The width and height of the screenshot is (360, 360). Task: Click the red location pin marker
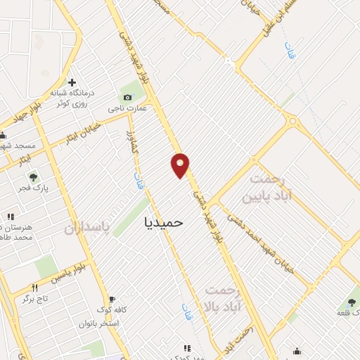pyautogui.click(x=181, y=165)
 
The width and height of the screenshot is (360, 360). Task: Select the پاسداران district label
pyautogui.click(x=89, y=229)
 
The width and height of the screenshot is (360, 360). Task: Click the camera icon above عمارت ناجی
pyautogui.click(x=127, y=97)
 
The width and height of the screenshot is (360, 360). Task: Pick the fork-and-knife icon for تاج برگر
pyautogui.click(x=34, y=287)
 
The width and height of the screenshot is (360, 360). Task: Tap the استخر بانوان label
pyautogui.click(x=100, y=323)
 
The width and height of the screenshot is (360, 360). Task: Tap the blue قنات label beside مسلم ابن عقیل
pyautogui.click(x=288, y=51)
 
